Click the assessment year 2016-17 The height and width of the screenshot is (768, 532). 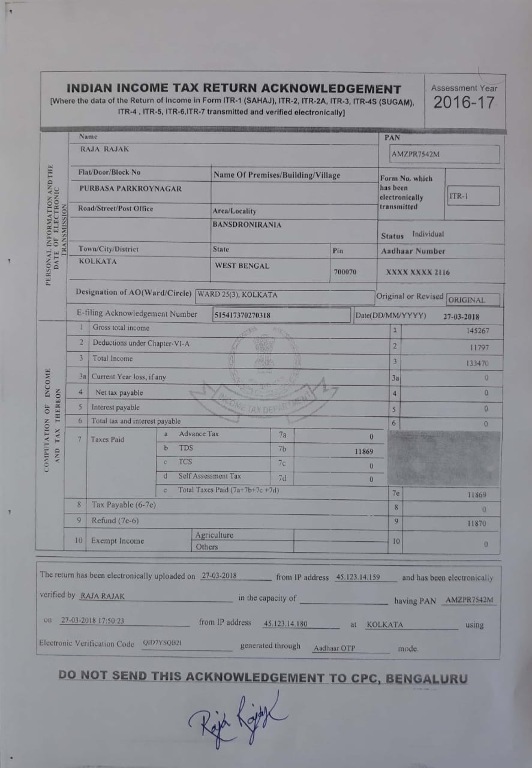pyautogui.click(x=465, y=103)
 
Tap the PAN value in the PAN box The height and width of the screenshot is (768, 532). pyautogui.click(x=416, y=154)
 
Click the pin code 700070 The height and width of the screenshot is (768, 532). pyautogui.click(x=344, y=272)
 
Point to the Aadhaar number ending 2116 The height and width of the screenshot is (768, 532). pyautogui.click(x=417, y=272)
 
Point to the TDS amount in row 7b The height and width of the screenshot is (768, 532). pyautogui.click(x=363, y=451)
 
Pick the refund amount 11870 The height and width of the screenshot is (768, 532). pyautogui.click(x=476, y=524)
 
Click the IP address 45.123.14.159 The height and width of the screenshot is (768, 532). pyautogui.click(x=358, y=578)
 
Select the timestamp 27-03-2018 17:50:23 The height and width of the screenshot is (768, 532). pyautogui.click(x=92, y=622)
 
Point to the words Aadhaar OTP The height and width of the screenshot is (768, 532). pyautogui.click(x=334, y=649)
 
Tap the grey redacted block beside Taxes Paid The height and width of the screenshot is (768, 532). pyautogui.click(x=444, y=457)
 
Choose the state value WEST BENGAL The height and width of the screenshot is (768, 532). pyautogui.click(x=242, y=266)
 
